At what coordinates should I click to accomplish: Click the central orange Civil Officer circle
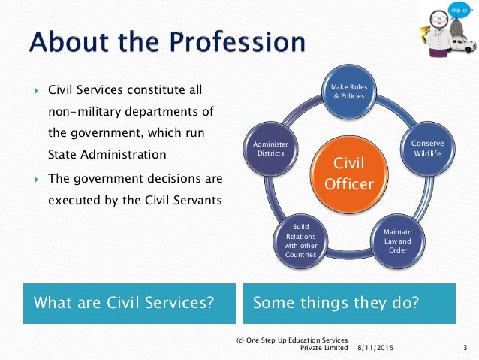point(349,173)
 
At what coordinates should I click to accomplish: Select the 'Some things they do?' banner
point(349,304)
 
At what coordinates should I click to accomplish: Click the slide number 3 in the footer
point(465,348)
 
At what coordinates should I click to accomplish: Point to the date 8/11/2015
point(374,348)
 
